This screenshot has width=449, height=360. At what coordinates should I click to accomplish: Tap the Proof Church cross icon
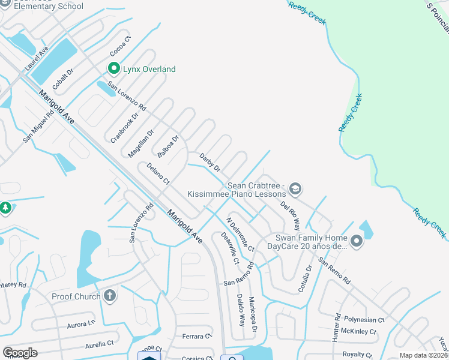109,295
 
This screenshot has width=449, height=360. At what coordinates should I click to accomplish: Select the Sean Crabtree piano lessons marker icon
295,190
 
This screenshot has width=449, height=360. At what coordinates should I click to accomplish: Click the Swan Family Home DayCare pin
357,241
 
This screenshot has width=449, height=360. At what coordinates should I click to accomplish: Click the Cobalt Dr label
62,79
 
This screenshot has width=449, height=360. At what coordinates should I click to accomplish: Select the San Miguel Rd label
34,127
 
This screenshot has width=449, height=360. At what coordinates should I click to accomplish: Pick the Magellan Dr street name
141,143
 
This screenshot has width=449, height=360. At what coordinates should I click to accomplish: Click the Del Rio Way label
290,215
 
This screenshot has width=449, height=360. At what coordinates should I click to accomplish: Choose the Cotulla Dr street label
306,279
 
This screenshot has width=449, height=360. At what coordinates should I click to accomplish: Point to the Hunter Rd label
336,328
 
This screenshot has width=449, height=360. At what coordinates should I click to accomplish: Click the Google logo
20,352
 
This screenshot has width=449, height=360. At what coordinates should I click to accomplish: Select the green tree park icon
5,208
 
